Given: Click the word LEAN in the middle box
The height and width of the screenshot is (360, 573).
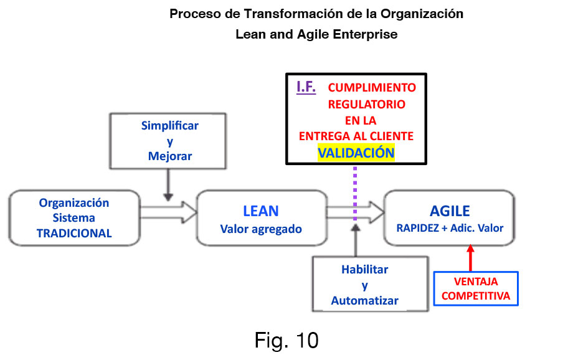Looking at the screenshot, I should (x=260, y=211).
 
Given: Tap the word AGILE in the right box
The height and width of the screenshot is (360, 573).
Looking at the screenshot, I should (x=450, y=211).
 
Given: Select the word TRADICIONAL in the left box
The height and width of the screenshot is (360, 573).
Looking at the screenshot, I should (x=74, y=234).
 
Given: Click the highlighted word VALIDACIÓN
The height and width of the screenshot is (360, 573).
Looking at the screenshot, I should (x=356, y=152).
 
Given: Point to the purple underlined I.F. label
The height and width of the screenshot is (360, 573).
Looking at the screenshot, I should (x=306, y=87).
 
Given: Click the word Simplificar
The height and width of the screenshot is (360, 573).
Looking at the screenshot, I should (x=169, y=126).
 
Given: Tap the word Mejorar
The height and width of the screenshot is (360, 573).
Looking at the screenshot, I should (x=169, y=156).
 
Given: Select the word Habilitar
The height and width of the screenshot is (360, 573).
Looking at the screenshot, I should (x=364, y=270).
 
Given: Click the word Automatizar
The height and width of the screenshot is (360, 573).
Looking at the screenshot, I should (x=364, y=300).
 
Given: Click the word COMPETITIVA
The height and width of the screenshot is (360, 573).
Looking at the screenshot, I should (x=476, y=296).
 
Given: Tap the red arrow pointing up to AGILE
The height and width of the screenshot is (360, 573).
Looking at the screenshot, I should (x=470, y=255).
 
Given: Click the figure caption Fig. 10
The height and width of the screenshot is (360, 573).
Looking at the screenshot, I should (x=286, y=340).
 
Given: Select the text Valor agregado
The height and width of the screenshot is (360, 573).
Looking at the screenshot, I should (x=260, y=229).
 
